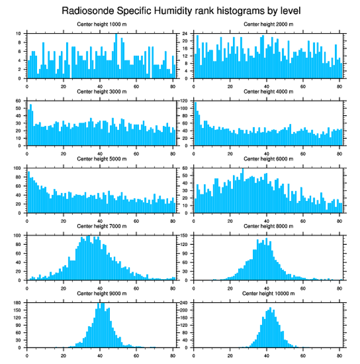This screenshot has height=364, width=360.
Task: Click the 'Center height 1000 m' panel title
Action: [101, 24]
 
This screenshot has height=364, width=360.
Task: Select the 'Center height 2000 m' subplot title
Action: [268, 24]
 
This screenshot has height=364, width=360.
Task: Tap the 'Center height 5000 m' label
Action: [101, 159]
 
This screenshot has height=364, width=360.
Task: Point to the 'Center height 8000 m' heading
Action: [268, 226]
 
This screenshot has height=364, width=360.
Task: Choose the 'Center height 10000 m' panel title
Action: [268, 293]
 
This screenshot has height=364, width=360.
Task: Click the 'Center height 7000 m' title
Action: [101, 226]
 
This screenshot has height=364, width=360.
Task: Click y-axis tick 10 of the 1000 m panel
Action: [18, 34]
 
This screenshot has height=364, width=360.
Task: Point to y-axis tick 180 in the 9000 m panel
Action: [18, 303]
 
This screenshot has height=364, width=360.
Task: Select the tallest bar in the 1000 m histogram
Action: [116, 56]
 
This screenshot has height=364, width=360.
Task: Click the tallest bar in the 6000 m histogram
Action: [243, 190]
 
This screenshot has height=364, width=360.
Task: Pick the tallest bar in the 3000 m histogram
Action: [30, 125]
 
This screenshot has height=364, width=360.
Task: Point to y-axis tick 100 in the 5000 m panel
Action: [18, 168]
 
